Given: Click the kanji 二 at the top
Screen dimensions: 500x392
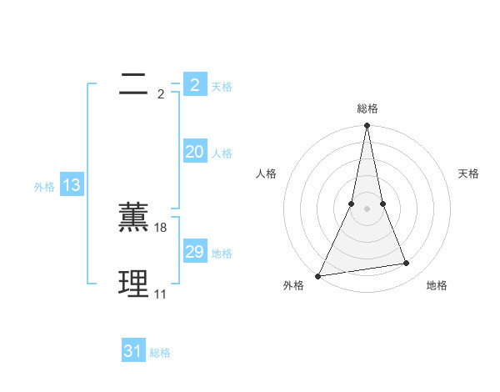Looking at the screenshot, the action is [133, 83].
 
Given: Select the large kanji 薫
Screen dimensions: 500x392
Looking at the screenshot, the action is [133, 217].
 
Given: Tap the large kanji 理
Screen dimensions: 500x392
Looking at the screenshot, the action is [133, 284].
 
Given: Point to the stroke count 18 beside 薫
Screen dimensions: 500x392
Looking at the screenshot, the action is [162, 228].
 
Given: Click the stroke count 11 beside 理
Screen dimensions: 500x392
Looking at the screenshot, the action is [160, 294].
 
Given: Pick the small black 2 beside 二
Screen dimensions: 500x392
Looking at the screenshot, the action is [161, 94].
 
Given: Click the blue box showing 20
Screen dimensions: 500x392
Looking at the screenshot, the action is [194, 152].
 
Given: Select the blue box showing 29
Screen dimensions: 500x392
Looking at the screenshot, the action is [194, 252].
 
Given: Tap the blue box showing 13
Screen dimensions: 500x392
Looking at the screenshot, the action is [71, 186].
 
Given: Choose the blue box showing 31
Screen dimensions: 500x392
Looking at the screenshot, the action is [133, 351].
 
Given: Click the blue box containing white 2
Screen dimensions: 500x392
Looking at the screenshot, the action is [194, 84].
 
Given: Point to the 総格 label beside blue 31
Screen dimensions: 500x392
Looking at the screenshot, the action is [160, 353].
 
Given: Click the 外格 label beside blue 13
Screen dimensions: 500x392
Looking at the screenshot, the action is [44, 188].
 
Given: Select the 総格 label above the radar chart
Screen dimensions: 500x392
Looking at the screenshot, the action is [367, 108].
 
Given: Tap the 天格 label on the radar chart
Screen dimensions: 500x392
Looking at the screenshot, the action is [469, 173].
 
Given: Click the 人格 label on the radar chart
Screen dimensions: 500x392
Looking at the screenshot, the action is [266, 173].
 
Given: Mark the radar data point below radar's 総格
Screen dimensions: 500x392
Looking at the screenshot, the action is [367, 126].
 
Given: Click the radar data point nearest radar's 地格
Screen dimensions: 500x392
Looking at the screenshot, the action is [407, 264].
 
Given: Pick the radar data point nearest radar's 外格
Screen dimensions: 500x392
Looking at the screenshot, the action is [318, 276].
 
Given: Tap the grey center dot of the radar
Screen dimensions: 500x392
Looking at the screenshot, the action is [367, 209].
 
